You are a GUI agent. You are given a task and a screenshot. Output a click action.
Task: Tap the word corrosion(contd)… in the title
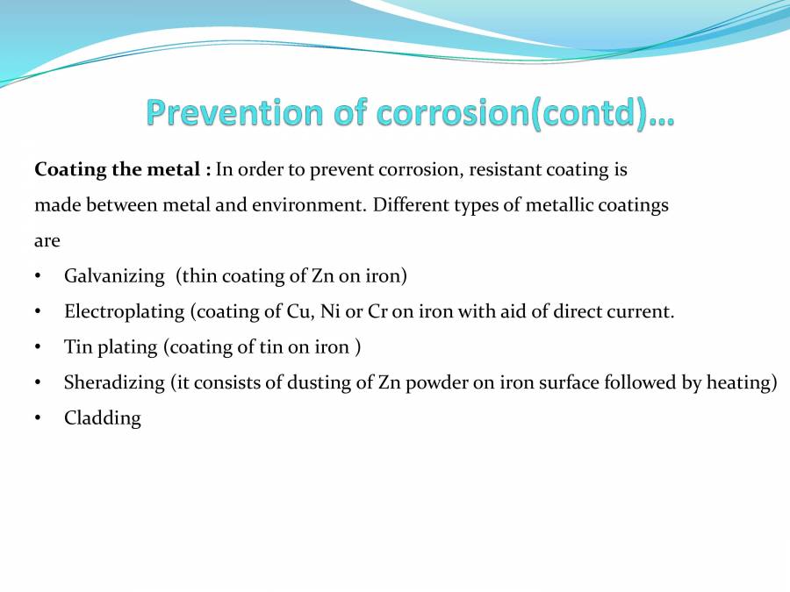point(526,113)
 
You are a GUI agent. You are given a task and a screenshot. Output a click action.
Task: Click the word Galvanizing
point(114,276)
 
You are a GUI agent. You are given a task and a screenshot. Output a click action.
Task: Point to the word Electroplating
point(124,311)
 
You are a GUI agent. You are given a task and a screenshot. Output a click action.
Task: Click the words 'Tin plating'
point(111,347)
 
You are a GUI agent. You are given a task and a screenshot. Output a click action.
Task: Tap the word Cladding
point(103,418)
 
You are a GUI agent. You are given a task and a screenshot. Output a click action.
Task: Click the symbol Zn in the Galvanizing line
point(322,276)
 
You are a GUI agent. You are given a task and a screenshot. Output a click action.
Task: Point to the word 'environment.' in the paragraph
point(317,205)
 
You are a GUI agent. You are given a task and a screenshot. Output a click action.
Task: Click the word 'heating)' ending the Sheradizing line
point(746,382)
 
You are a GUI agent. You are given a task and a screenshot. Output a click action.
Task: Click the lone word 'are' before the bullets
point(47,241)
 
